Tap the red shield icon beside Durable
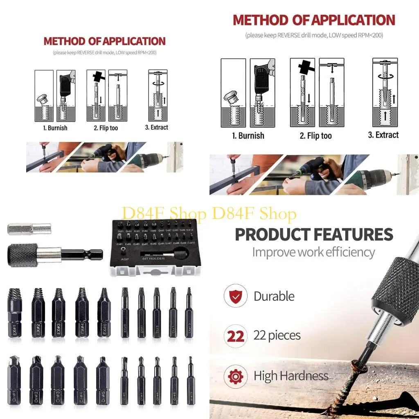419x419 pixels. [235, 295]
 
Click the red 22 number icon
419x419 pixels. [235, 336]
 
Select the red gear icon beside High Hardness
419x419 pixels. [235, 376]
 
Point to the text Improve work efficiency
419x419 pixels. [313, 252]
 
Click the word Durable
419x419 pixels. [274, 296]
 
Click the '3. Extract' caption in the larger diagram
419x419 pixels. [383, 135]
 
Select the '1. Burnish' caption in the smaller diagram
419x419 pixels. [55, 128]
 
